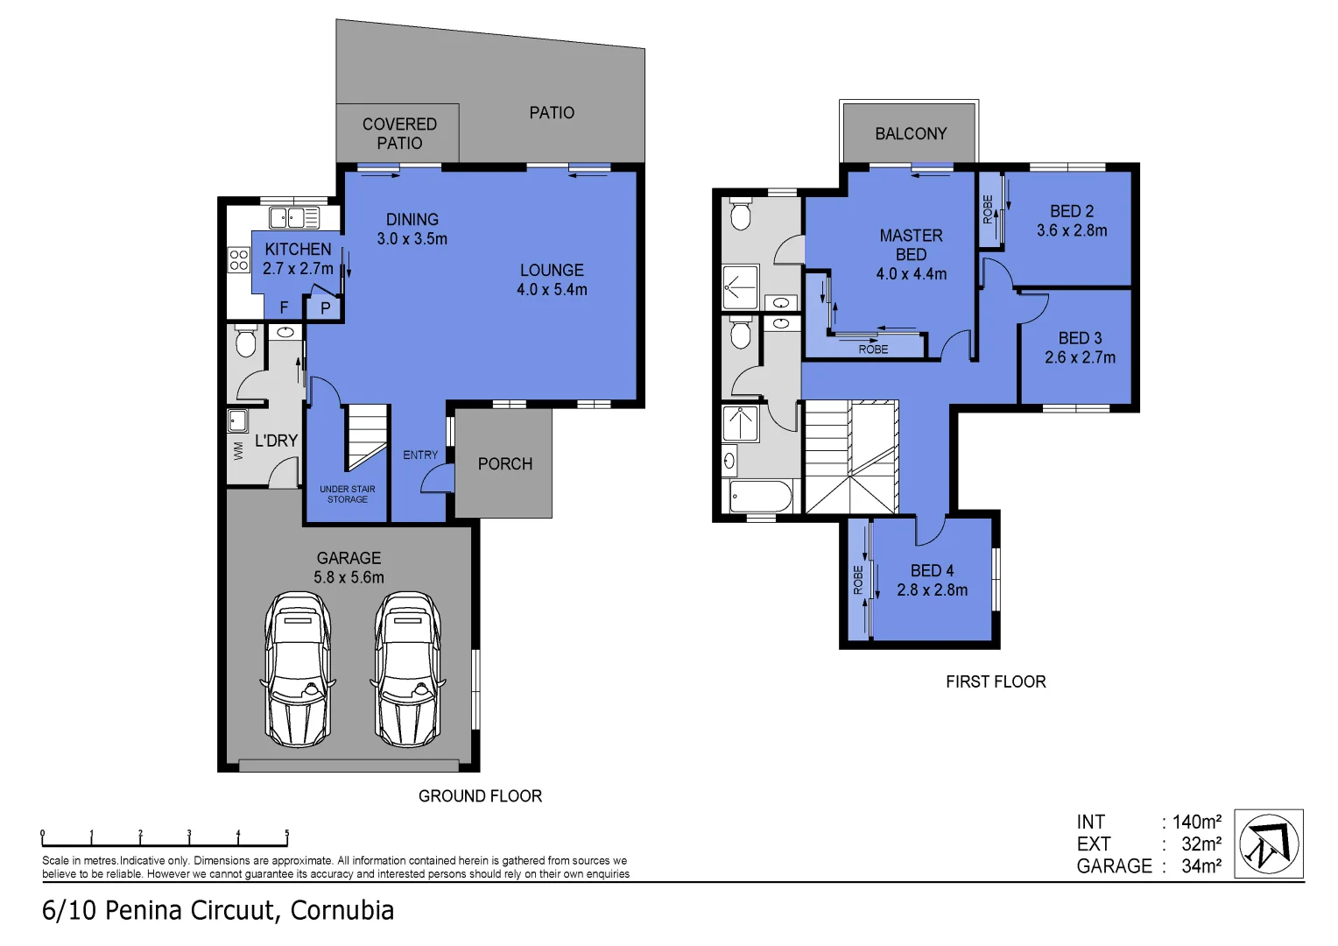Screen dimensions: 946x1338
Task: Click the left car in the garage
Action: click(298, 669)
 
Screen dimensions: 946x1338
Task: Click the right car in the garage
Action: click(407, 669)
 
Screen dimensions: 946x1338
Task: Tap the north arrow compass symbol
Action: click(1269, 844)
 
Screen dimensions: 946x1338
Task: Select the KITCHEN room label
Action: click(298, 250)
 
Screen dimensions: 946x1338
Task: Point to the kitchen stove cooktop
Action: click(239, 259)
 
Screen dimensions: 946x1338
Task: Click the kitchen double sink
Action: click(293, 217)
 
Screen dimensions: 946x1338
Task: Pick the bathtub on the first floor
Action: click(761, 497)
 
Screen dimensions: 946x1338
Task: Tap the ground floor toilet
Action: click(245, 341)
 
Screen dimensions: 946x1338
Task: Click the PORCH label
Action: click(504, 464)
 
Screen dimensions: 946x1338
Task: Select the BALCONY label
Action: click(911, 134)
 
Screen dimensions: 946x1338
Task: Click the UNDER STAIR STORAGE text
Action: click(348, 494)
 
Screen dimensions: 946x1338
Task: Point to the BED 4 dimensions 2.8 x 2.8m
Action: click(932, 590)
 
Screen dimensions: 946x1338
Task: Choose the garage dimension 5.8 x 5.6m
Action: click(349, 577)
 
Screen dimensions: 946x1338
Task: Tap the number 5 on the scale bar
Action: click(286, 833)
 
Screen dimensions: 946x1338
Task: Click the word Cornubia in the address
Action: click(342, 911)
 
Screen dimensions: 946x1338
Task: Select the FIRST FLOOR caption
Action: click(996, 681)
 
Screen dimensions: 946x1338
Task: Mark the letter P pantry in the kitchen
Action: click(325, 308)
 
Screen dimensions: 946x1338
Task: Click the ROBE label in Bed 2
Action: click(988, 209)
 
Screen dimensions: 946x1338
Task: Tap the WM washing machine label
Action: click(237, 451)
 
